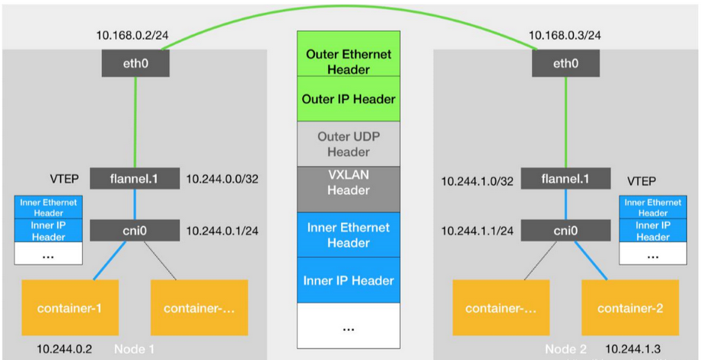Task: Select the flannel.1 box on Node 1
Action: coord(134,179)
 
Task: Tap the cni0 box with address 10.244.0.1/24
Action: coord(134,231)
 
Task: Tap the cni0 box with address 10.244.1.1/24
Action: coord(565,231)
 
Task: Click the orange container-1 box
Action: coord(71,307)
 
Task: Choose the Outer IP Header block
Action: coord(349,99)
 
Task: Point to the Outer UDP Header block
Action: coord(349,144)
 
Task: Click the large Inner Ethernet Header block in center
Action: coord(349,234)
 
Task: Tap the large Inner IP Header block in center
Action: coord(349,280)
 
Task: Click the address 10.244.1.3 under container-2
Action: coord(631,349)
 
